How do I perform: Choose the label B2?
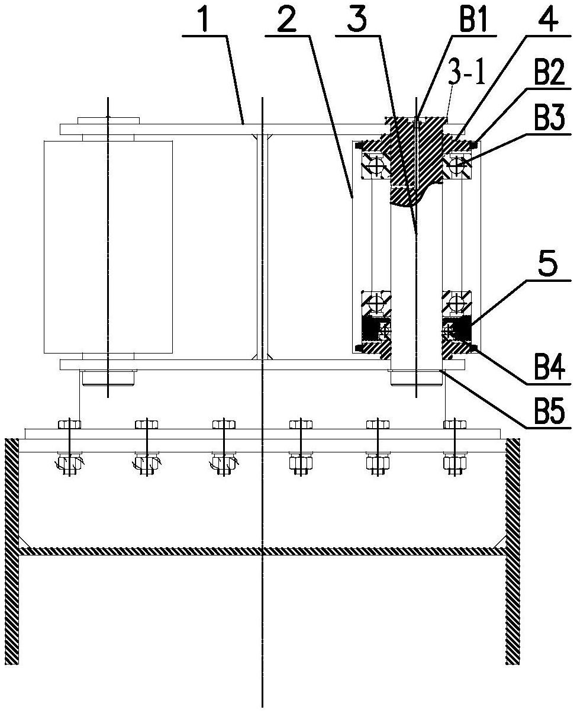[549, 71]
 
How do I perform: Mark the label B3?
[549, 117]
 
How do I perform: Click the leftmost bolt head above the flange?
[69, 425]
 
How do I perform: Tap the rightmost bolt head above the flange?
[454, 425]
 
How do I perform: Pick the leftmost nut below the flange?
[69, 463]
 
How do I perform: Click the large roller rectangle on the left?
[108, 247]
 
